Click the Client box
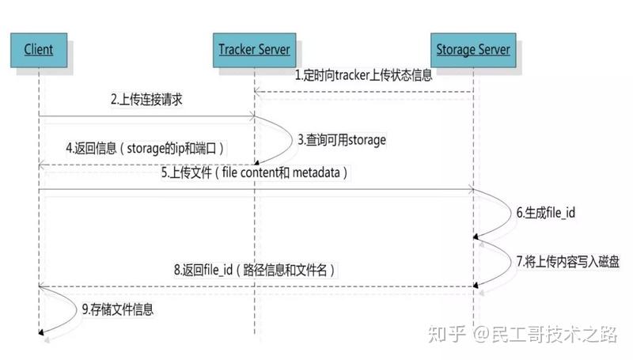tap(39, 50)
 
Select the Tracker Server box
tap(254, 50)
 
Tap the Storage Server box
tap(473, 50)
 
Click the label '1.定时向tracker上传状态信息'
tap(363, 75)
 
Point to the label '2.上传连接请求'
tap(146, 99)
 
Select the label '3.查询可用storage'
tap(342, 140)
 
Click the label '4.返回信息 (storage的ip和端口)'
tap(145, 148)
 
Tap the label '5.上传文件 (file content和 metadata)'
tap(254, 172)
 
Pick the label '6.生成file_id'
tap(546, 213)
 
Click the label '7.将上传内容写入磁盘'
tap(567, 262)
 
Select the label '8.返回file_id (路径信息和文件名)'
tap(254, 270)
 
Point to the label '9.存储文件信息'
tap(117, 309)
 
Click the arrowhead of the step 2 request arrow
tap(252, 116)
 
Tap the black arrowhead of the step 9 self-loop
tap(41, 332)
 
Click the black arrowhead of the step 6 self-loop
tap(476, 237)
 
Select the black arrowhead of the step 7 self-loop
tap(476, 285)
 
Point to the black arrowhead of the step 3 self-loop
tap(256, 162)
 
